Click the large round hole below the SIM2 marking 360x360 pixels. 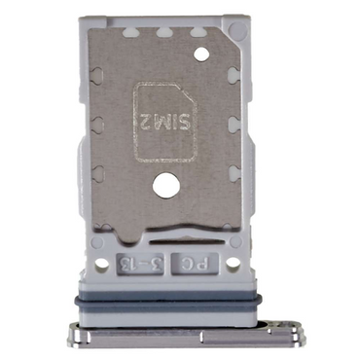pyautogui.click(x=162, y=182)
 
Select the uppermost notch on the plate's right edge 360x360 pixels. pyautogui.click(x=235, y=74)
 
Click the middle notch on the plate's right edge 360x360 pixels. pyautogui.click(x=235, y=124)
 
